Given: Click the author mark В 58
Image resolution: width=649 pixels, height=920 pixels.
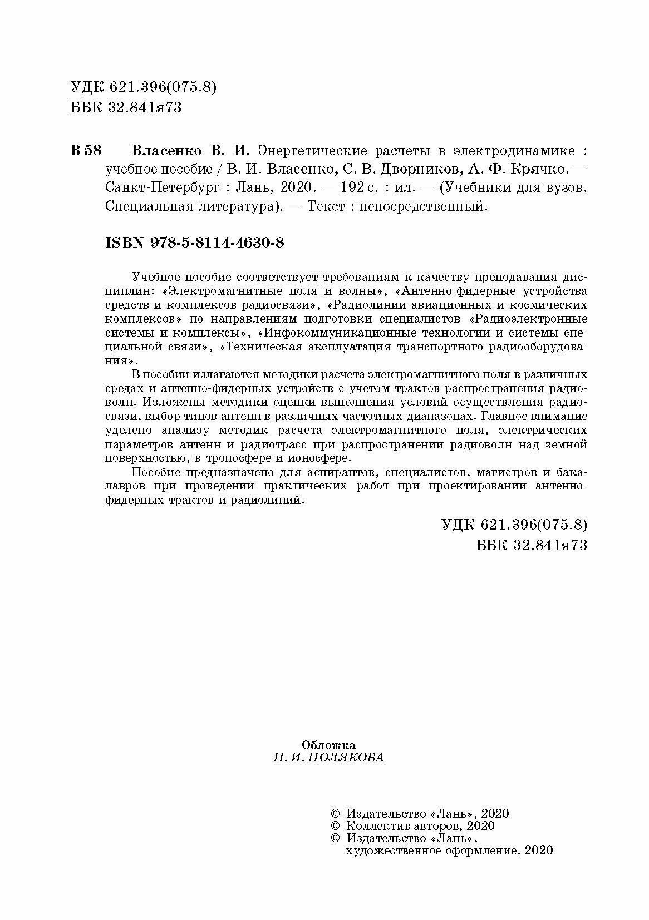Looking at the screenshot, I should (x=86, y=151).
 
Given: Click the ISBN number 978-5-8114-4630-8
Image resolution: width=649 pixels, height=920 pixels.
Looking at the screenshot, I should (x=217, y=243).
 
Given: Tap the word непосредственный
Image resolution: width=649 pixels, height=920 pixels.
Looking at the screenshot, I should (x=423, y=206).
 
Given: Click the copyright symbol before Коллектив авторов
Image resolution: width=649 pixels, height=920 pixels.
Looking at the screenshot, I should (x=335, y=826).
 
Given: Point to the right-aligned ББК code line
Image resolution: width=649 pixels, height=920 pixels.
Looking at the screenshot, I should (x=532, y=545).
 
